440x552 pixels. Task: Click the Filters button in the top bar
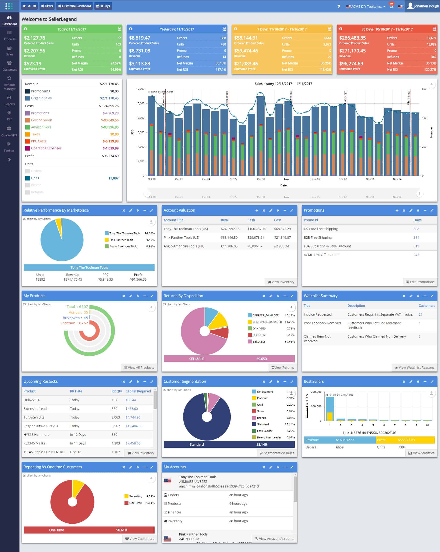pos(47,6)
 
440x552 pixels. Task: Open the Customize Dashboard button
pos(75,6)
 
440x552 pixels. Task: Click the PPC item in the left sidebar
pos(10,115)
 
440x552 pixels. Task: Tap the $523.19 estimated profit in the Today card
pos(32,64)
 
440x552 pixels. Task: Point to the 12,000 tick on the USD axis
pos(140,89)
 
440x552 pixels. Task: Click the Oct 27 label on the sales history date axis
pos(233,179)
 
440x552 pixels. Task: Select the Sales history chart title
pos(283,84)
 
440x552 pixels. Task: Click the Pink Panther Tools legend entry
pos(121,240)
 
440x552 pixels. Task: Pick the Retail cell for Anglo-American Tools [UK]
pos(229,246)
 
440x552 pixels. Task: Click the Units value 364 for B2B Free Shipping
pos(416,237)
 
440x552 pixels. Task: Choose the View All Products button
pos(139,367)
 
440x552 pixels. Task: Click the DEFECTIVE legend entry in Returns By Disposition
pos(260,335)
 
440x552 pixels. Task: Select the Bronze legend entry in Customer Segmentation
pos(261,418)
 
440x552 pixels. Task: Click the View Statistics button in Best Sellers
pos(421,453)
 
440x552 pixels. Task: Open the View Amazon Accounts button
pos(274,538)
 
